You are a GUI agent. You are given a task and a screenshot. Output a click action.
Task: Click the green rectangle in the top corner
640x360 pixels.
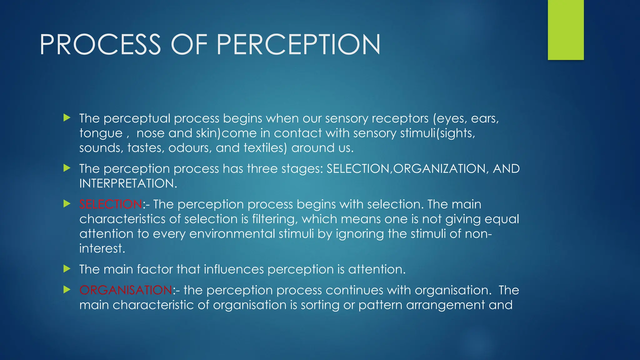pyautogui.click(x=566, y=30)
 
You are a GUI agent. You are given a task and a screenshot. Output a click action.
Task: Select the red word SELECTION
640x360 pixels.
pyautogui.click(x=111, y=204)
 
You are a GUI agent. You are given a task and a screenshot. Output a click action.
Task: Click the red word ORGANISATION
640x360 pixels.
pyautogui.click(x=126, y=290)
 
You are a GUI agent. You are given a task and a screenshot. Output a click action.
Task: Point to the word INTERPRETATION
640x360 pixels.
pyautogui.click(x=128, y=183)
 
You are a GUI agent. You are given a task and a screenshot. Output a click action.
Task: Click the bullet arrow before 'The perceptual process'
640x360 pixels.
pyautogui.click(x=67, y=118)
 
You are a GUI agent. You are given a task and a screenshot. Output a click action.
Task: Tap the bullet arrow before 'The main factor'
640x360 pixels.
pyautogui.click(x=67, y=269)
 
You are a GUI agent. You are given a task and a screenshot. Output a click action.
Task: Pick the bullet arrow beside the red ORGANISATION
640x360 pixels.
pyautogui.click(x=67, y=290)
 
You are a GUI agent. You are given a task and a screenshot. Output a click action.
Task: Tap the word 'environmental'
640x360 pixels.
pyautogui.click(x=232, y=234)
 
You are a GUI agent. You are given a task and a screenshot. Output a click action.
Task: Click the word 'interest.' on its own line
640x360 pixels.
pyautogui.click(x=102, y=249)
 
